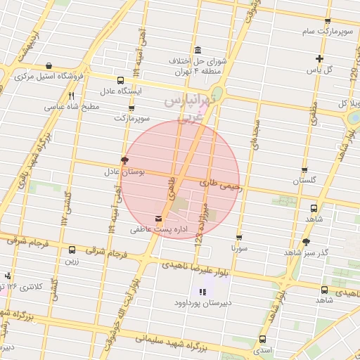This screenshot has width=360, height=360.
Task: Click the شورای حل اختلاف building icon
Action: (x=196, y=51)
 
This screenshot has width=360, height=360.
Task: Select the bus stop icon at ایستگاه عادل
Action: (x=121, y=80)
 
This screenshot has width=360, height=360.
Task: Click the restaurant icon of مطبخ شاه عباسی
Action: (x=71, y=96)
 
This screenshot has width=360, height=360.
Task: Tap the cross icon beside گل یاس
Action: (x=320, y=58)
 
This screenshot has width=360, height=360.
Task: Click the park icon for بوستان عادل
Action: (x=124, y=160)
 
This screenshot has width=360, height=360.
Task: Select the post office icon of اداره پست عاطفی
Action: (x=157, y=218)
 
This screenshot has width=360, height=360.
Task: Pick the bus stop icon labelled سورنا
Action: (x=239, y=238)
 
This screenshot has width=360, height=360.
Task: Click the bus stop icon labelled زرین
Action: (x=72, y=250)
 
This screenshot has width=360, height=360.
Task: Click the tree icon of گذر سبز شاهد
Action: (x=306, y=242)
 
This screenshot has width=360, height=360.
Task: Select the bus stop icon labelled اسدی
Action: (x=262, y=338)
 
